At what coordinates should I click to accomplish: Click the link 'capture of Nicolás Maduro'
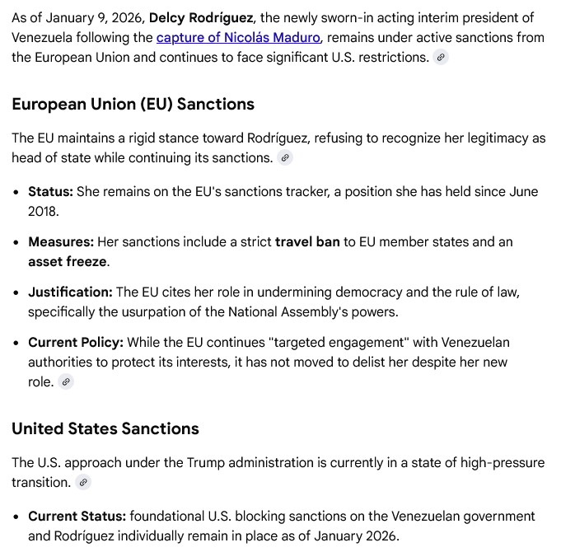pyautogui.click(x=238, y=37)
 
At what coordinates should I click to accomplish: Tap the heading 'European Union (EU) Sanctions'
pyautogui.click(x=133, y=104)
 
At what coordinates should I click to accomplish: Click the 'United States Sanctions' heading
pyautogui.click(x=105, y=428)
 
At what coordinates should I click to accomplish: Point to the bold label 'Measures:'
pyautogui.click(x=61, y=242)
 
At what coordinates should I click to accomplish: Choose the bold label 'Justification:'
pyautogui.click(x=70, y=292)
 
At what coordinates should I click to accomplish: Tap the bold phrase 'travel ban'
pyautogui.click(x=307, y=242)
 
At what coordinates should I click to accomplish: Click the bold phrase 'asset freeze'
pyautogui.click(x=68, y=262)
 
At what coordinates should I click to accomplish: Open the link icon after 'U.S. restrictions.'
pyautogui.click(x=441, y=57)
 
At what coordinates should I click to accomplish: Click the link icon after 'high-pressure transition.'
pyautogui.click(x=83, y=482)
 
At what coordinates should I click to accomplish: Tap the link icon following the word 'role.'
pyautogui.click(x=66, y=381)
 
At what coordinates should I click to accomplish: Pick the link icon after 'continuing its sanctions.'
pyautogui.click(x=285, y=157)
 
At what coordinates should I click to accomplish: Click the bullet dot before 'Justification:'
pyautogui.click(x=16, y=292)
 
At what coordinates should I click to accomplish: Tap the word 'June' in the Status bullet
pyautogui.click(x=522, y=191)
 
